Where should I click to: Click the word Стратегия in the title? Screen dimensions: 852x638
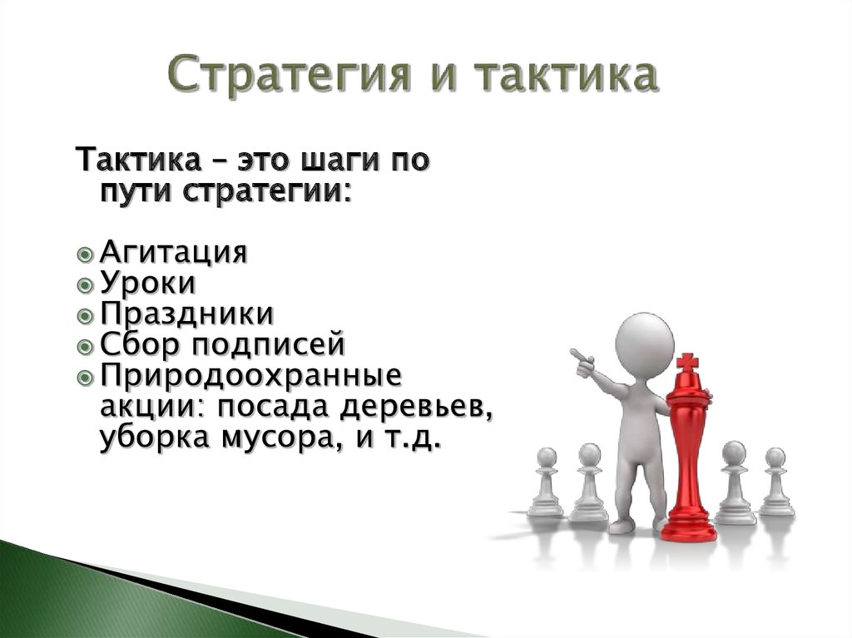click(x=289, y=75)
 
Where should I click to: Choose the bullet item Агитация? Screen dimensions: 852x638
click(x=174, y=252)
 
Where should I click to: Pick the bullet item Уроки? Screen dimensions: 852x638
click(x=147, y=283)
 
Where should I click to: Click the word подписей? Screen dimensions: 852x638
click(x=270, y=345)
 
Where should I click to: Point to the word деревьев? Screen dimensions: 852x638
click(x=417, y=408)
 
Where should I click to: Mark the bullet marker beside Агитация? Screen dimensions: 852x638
click(x=86, y=255)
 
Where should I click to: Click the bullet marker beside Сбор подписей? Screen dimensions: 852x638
click(x=86, y=346)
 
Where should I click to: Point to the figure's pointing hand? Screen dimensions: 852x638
click(x=583, y=361)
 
